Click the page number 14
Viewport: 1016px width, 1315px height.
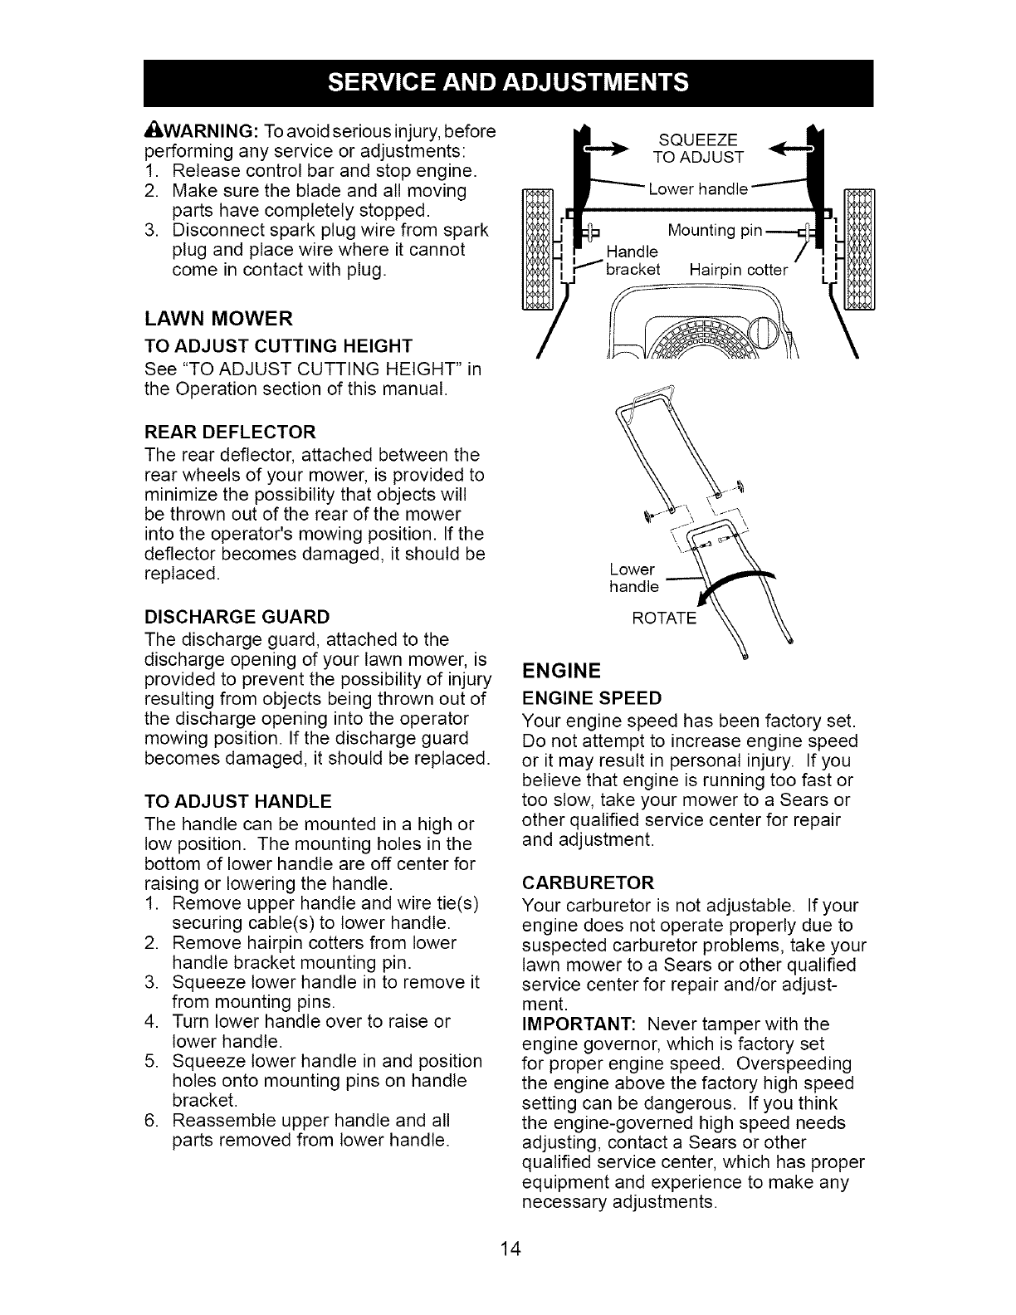click(509, 1249)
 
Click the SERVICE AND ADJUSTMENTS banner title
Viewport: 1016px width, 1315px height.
click(507, 83)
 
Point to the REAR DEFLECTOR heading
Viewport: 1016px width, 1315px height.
click(230, 433)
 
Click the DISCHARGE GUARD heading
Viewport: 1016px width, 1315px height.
click(237, 617)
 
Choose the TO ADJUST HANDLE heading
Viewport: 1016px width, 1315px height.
click(238, 801)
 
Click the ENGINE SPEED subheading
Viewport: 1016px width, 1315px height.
click(592, 696)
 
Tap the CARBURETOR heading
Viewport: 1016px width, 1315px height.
click(589, 881)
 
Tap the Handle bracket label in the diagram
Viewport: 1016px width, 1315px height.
click(633, 261)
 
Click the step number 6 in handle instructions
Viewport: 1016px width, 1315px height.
click(150, 1120)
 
